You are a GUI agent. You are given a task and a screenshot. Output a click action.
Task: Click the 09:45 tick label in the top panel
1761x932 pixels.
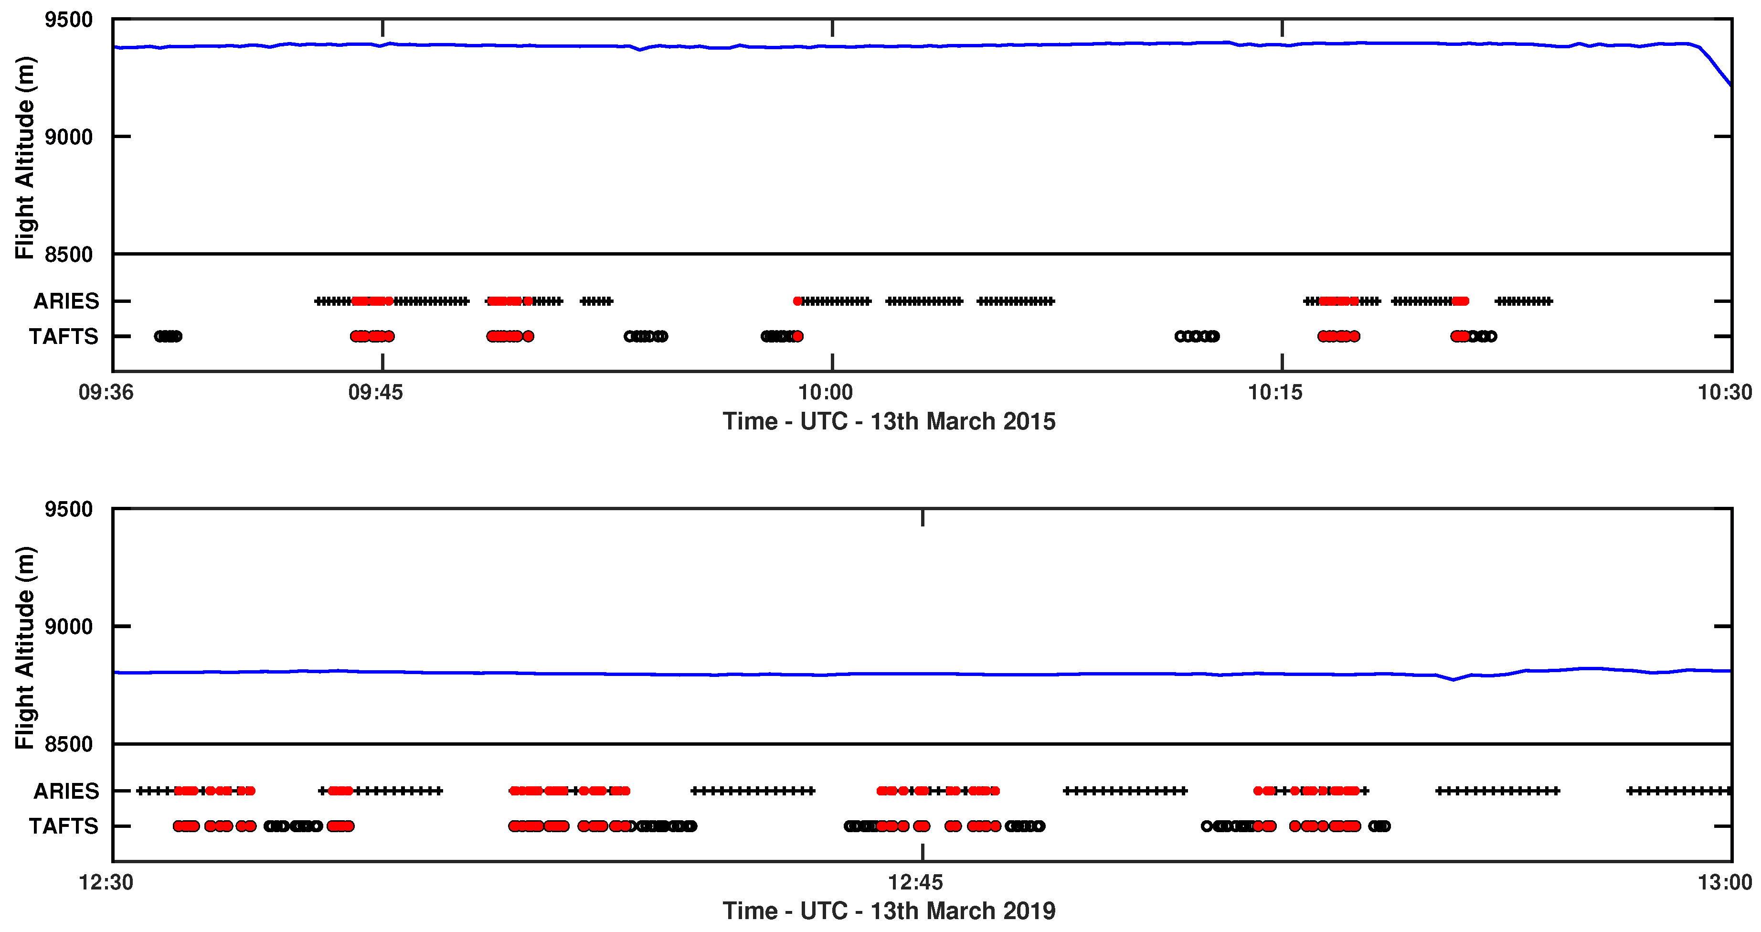point(375,393)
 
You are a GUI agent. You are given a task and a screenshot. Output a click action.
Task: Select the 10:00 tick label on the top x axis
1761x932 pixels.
point(826,393)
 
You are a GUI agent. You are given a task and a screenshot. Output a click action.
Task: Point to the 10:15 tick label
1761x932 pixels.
point(1276,393)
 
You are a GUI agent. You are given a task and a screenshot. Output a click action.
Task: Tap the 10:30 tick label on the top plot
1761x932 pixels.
point(1724,393)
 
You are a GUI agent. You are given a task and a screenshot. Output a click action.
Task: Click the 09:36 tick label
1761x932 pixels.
point(106,393)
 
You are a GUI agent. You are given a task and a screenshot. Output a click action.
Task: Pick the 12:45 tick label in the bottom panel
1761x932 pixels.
point(915,882)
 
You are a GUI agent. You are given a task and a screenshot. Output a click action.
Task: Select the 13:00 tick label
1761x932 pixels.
point(1724,882)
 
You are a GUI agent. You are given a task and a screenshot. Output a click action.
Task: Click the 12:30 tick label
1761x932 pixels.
point(106,882)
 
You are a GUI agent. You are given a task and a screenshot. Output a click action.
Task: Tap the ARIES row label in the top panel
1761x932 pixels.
point(66,301)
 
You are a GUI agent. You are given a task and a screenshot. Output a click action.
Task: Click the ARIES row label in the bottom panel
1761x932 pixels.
point(66,791)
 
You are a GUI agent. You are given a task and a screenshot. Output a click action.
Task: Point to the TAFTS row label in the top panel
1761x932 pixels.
point(64,336)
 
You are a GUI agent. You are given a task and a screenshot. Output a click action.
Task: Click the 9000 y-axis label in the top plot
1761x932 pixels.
point(68,137)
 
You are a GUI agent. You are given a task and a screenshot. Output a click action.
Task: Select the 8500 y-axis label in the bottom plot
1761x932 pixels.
point(68,744)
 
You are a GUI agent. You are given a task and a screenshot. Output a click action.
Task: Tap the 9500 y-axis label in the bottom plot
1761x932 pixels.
point(68,509)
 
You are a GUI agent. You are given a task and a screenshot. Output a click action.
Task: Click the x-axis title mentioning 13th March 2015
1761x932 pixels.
point(889,421)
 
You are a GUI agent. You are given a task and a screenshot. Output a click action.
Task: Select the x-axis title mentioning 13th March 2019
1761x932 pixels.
point(889,911)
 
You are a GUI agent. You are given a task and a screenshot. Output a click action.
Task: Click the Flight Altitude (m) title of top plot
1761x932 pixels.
point(25,157)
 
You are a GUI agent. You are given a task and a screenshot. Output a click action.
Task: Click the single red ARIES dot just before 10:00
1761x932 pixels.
point(797,301)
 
